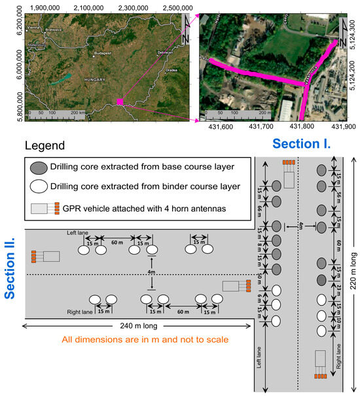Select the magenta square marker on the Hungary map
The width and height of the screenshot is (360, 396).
pos(119,101)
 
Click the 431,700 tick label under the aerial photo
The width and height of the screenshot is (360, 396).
pos(260,127)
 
